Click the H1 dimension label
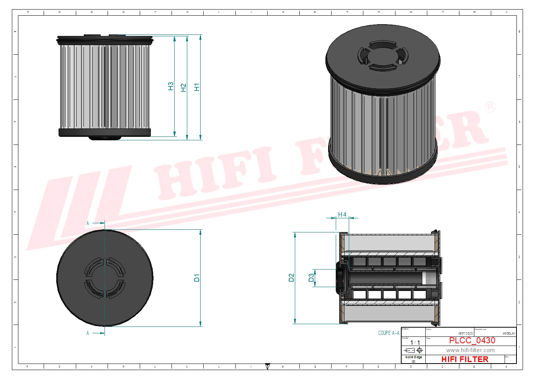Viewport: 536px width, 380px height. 197,87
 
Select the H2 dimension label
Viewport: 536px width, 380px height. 183,88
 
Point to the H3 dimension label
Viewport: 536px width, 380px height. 171,86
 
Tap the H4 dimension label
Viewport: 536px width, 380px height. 342,215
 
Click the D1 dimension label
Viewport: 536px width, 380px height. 197,278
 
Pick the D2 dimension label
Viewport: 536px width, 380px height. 291,278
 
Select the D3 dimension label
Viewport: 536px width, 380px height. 311,278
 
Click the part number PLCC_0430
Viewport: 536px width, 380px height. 472,341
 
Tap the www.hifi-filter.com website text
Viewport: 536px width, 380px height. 470,350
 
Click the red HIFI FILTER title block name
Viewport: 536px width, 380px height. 464,359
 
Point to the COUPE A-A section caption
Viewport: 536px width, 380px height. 389,333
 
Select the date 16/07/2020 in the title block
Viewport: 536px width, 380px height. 465,333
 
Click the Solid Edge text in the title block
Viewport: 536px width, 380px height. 413,357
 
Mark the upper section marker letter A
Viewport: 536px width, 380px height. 88,223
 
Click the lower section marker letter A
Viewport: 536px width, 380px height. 88,333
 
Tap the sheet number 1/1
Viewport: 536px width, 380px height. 415,343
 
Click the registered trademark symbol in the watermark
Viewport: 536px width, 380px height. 490,107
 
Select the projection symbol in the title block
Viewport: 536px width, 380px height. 414,350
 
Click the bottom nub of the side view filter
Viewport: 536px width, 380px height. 105,138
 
